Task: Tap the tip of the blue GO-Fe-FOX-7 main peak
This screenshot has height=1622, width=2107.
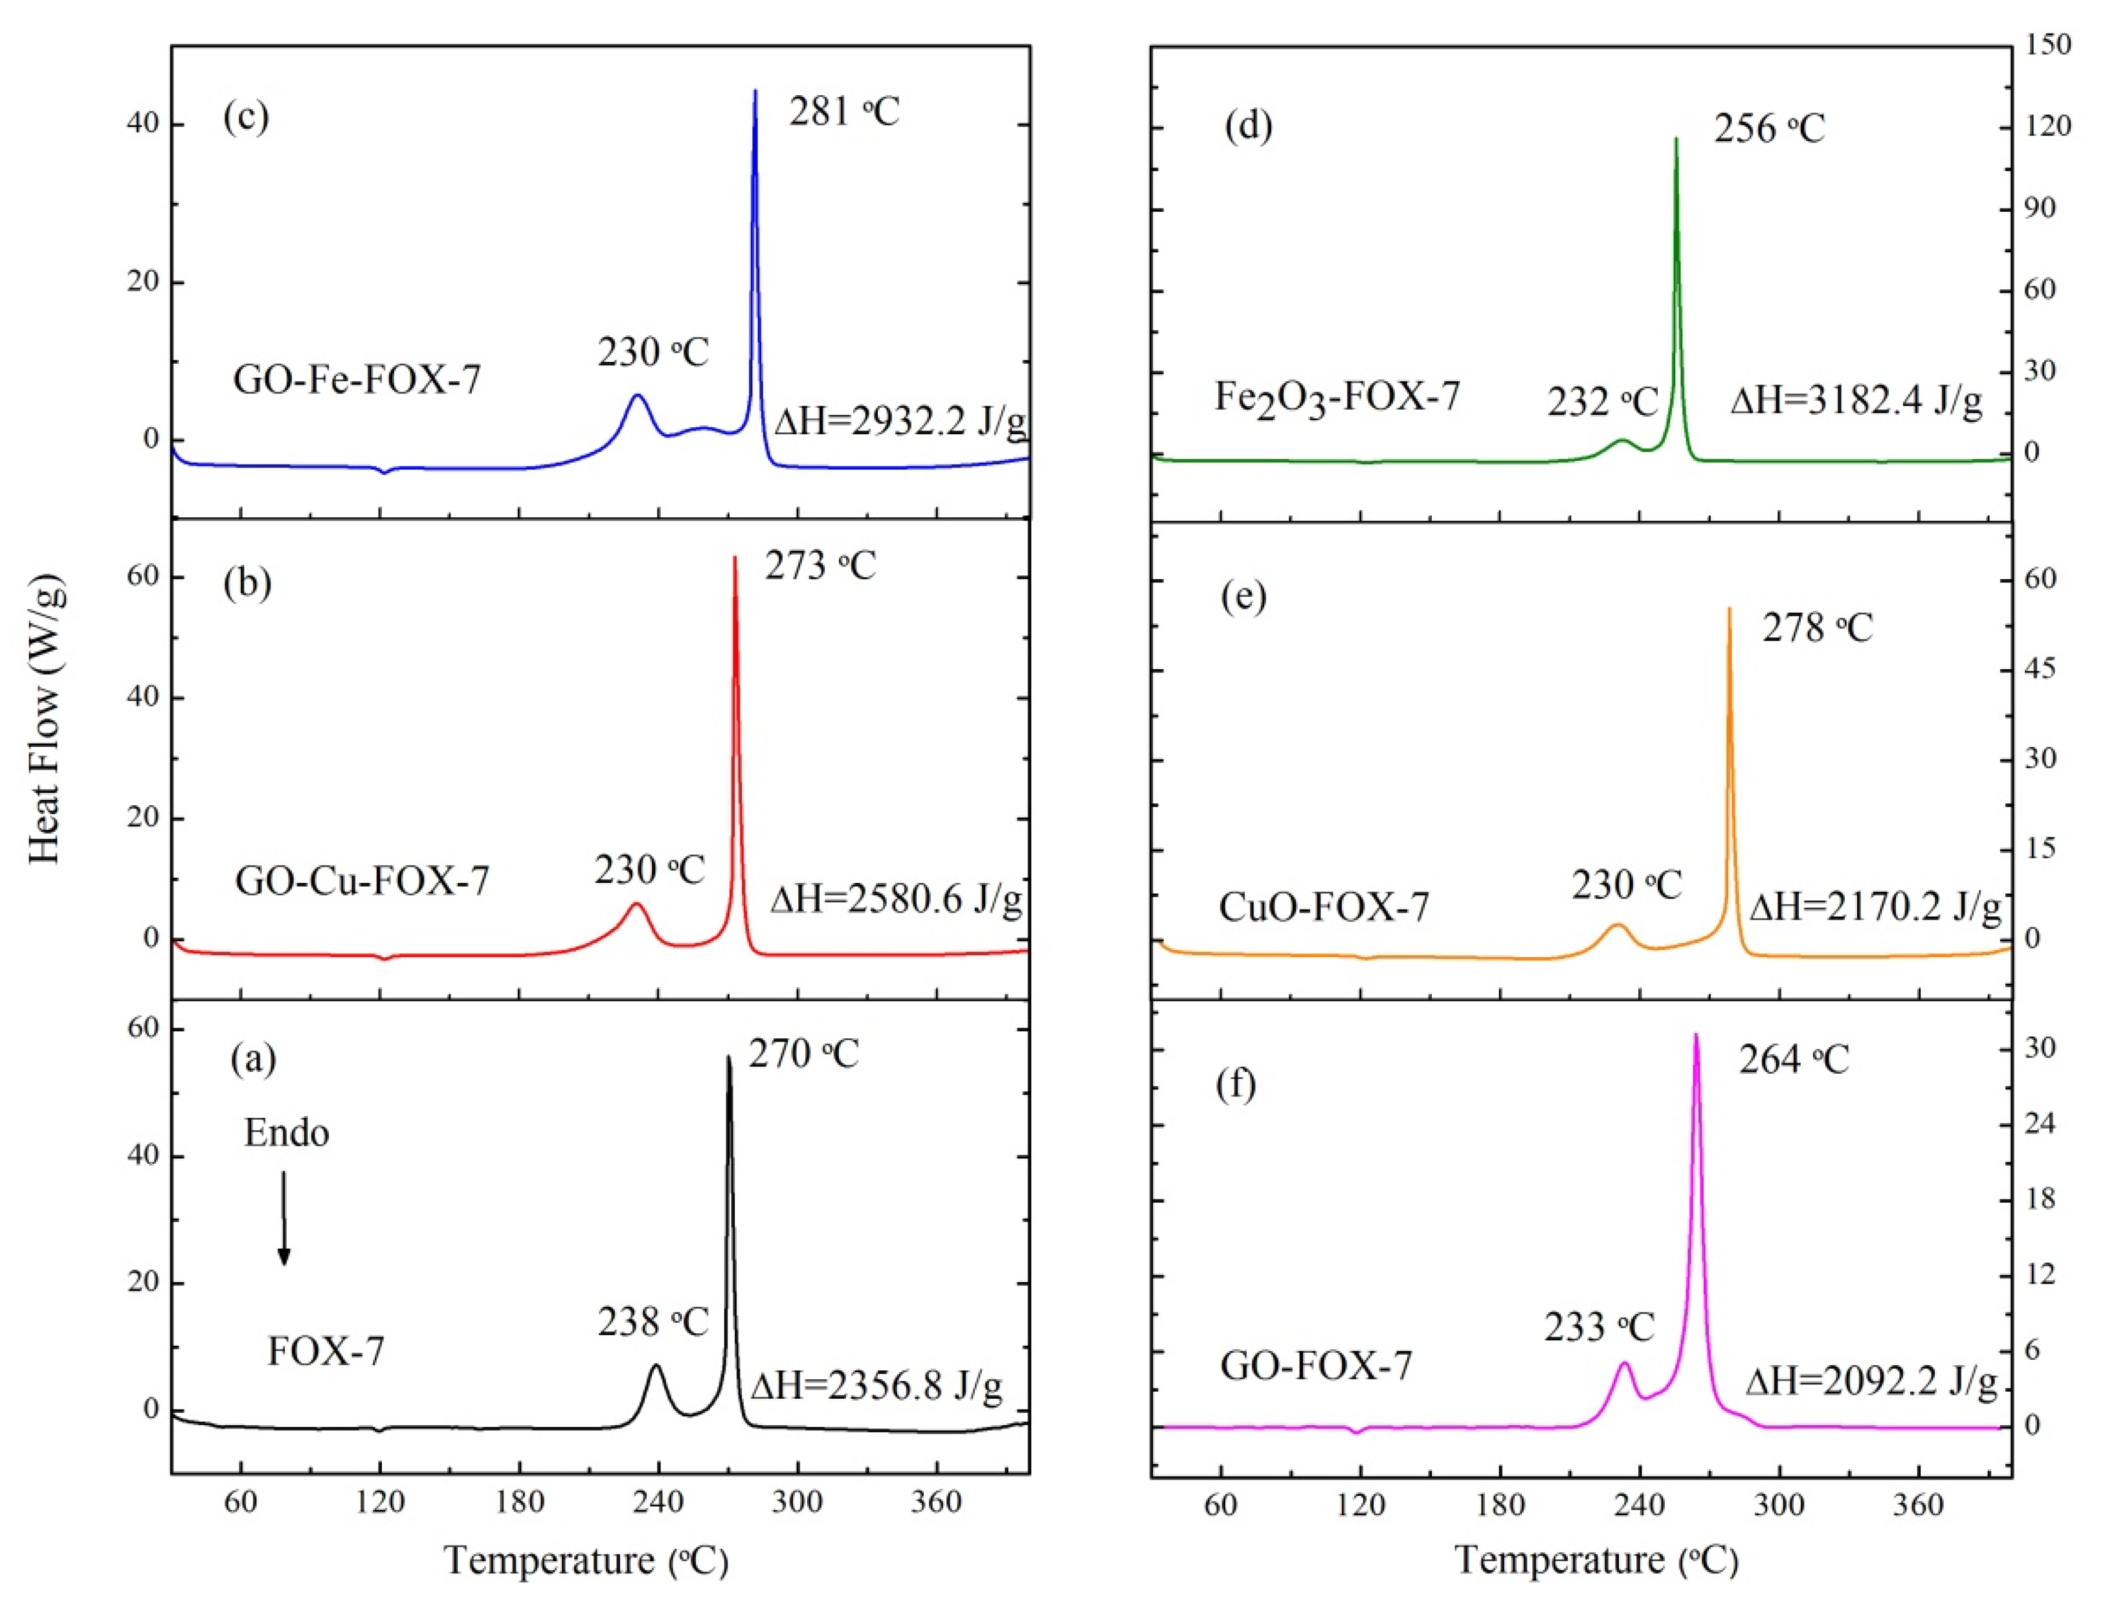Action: click(x=755, y=92)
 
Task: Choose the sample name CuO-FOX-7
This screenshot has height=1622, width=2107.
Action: click(x=1324, y=907)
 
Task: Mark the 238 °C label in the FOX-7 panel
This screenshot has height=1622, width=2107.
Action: click(x=652, y=1322)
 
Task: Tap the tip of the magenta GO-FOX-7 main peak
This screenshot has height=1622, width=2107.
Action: click(x=1696, y=1036)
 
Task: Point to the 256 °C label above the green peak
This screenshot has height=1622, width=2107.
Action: click(x=1768, y=128)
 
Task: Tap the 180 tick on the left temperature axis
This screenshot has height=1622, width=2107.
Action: click(x=520, y=1502)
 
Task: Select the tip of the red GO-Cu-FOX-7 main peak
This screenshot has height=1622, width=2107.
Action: click(x=735, y=558)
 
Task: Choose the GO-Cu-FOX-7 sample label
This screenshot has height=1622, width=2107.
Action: click(x=362, y=880)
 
